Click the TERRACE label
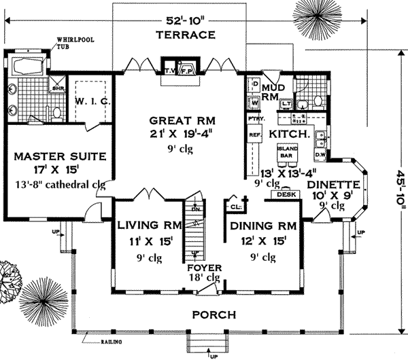[185, 35]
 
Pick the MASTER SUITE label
[60, 156]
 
